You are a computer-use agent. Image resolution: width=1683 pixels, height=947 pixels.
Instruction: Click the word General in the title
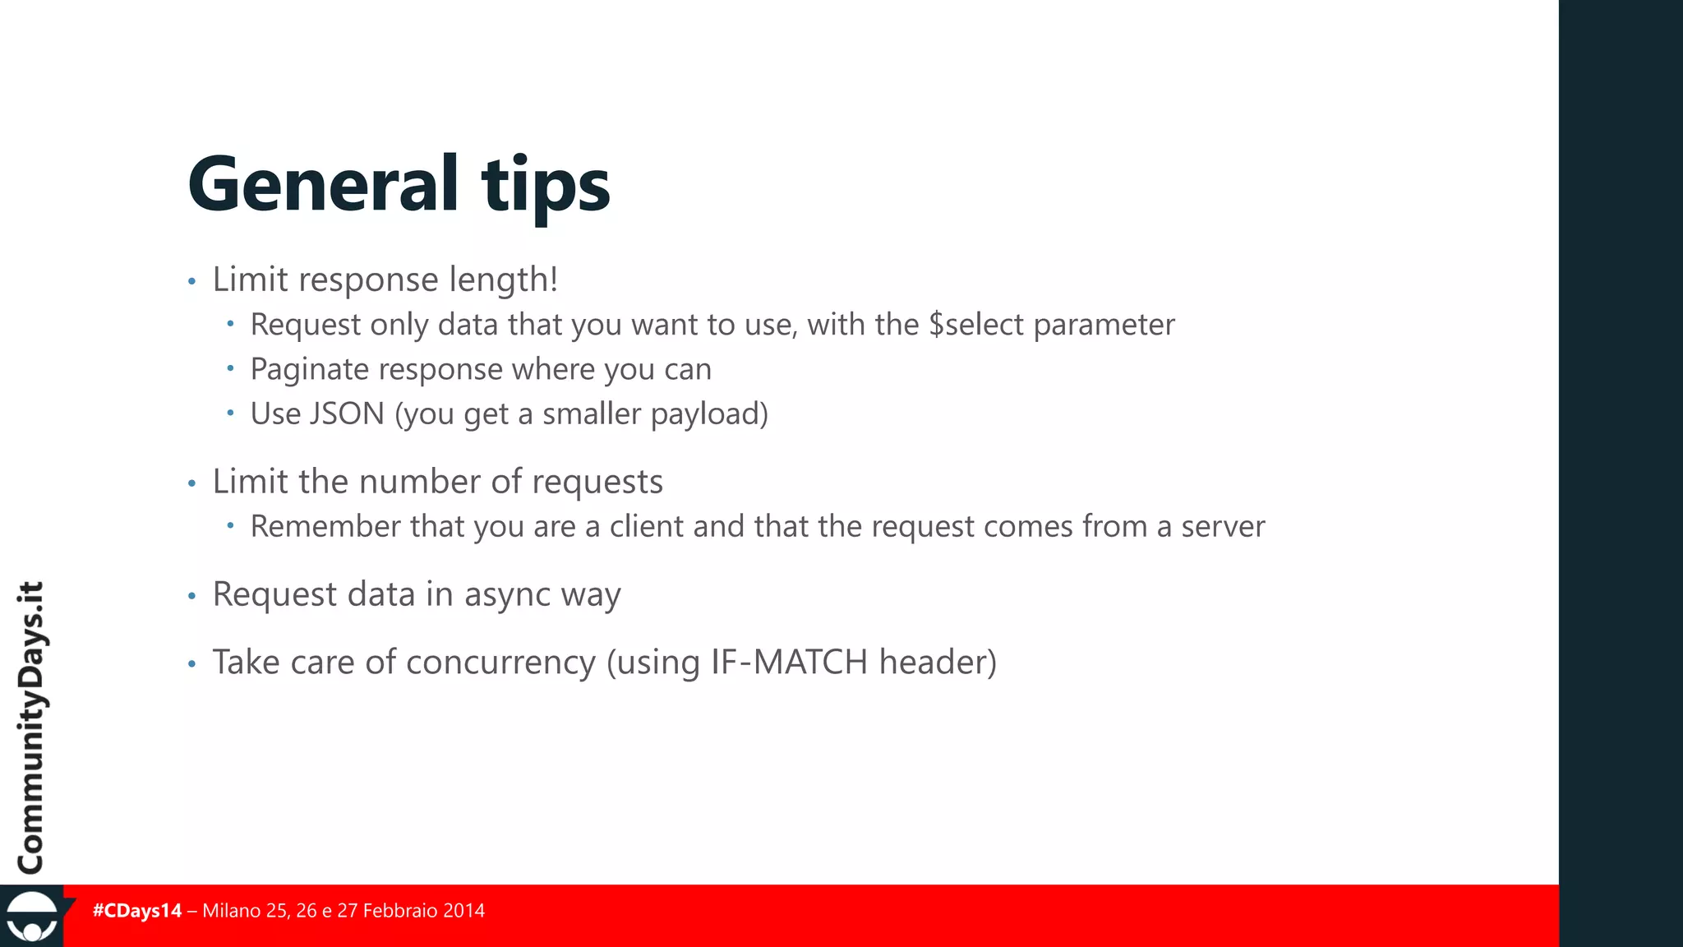pyautogui.click(x=323, y=184)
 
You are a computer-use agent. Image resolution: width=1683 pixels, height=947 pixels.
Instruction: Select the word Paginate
pyautogui.click(x=309, y=370)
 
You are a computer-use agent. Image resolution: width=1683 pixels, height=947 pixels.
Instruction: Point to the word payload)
pyautogui.click(x=709, y=414)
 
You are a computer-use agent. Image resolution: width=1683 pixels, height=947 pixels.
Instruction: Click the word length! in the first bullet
pyautogui.click(x=504, y=280)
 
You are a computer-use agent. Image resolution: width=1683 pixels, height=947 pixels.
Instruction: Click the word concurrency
pyautogui.click(x=500, y=663)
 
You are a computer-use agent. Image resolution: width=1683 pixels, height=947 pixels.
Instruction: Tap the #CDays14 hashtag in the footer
pyautogui.click(x=137, y=911)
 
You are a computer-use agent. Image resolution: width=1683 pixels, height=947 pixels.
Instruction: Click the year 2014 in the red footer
pyautogui.click(x=463, y=911)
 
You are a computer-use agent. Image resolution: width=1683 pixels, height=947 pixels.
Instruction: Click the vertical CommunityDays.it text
pyautogui.click(x=31, y=727)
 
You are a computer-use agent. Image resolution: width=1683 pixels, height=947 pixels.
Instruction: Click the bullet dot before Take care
pyautogui.click(x=191, y=663)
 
